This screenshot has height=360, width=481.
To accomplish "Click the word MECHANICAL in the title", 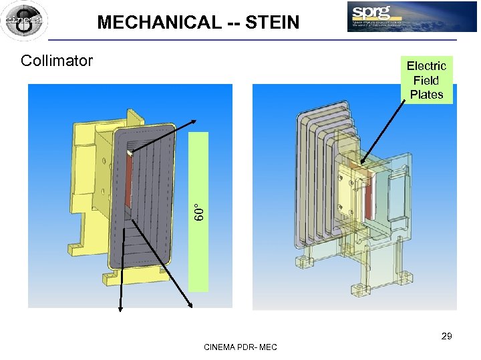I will pyautogui.click(x=159, y=23).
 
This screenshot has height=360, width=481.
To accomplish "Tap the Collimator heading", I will pyautogui.click(x=57, y=61).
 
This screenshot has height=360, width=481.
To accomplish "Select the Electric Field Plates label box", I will pyautogui.click(x=426, y=80).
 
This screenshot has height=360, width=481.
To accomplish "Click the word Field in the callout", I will pyautogui.click(x=426, y=80).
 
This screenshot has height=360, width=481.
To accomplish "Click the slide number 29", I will pyautogui.click(x=446, y=336).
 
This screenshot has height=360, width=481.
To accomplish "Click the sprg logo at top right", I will pyautogui.click(x=412, y=17).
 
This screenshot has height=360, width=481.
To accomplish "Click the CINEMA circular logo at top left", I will pyautogui.click(x=24, y=21).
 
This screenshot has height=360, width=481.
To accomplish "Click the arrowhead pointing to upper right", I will pyautogui.click(x=194, y=121).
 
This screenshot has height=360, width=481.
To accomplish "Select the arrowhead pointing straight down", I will pyautogui.click(x=120, y=308).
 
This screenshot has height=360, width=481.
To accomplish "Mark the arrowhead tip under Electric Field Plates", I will pyautogui.click(x=361, y=163).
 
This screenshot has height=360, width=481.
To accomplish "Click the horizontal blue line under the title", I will pyautogui.click(x=240, y=41).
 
